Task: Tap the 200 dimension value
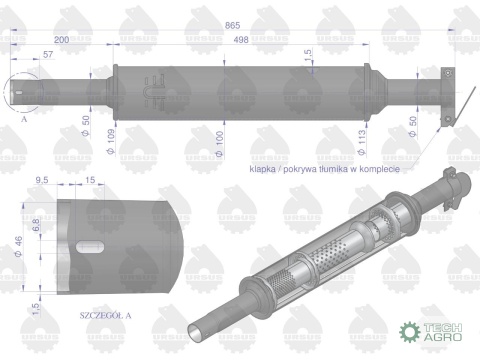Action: tap(62, 39)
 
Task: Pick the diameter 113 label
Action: tap(350, 138)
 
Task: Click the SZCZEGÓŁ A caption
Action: tap(105, 315)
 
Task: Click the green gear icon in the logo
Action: tap(410, 330)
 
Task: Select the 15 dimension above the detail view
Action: tap(91, 180)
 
